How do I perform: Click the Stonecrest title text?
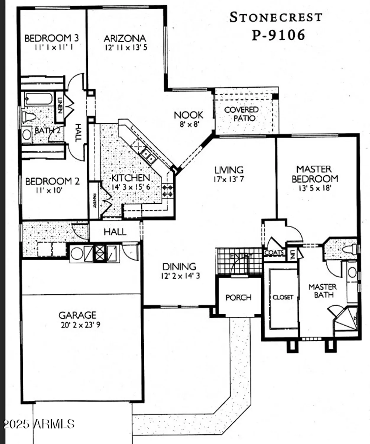(x=276, y=17)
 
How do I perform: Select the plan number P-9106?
(x=278, y=35)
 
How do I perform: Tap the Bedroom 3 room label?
(x=51, y=38)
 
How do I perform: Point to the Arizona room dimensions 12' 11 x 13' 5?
(x=126, y=47)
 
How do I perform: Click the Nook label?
(x=189, y=115)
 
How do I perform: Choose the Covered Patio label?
(x=242, y=114)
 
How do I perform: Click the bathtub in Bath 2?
(x=38, y=99)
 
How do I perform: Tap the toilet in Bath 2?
(x=28, y=117)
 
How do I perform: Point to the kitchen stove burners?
(x=168, y=191)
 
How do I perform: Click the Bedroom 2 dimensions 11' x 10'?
(x=49, y=190)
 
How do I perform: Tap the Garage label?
(x=77, y=315)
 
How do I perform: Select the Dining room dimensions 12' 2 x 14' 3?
(x=180, y=276)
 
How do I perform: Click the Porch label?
(x=238, y=297)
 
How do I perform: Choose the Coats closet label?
(x=274, y=253)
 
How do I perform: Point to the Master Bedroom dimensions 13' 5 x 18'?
(x=314, y=188)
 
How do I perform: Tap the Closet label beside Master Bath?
(x=283, y=297)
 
